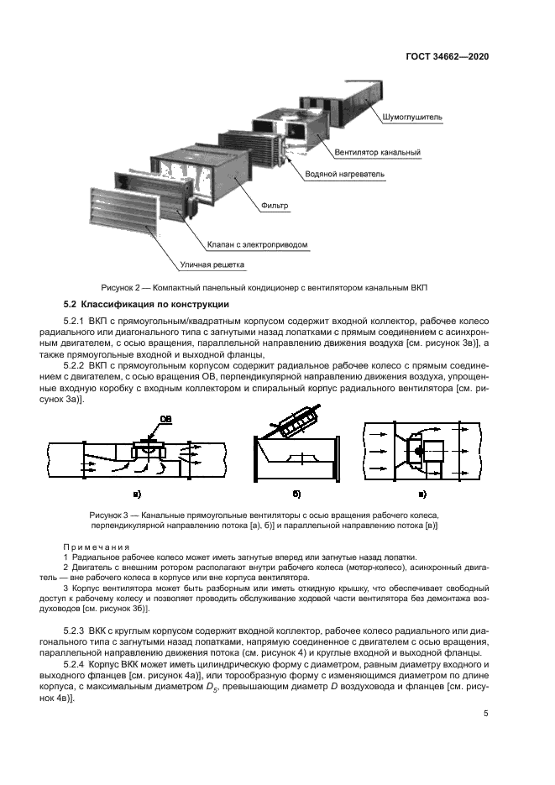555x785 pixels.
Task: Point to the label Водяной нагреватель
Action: pyautogui.click(x=346, y=175)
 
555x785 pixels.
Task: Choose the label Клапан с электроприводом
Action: pyautogui.click(x=258, y=245)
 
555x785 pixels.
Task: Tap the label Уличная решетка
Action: pyautogui.click(x=212, y=265)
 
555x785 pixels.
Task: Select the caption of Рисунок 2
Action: pyautogui.click(x=264, y=288)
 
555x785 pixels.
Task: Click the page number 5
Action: pyautogui.click(x=486, y=714)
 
